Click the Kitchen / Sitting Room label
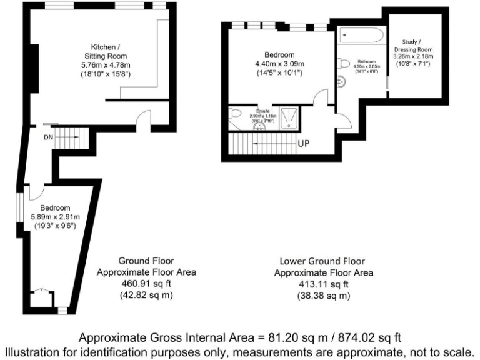click(106, 51)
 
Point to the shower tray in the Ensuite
click(288, 117)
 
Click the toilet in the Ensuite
click(234, 112)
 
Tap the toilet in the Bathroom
click(344, 62)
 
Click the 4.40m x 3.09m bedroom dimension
click(279, 64)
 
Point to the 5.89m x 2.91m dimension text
click(56, 217)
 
